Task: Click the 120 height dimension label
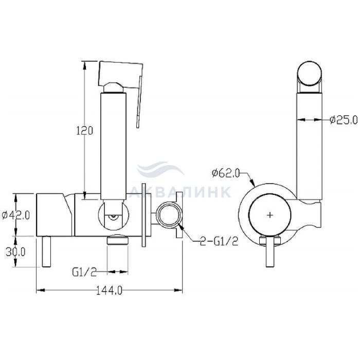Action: pyautogui.click(x=84, y=131)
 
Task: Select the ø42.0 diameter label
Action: pyautogui.click(x=16, y=215)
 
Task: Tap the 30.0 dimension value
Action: pyautogui.click(x=15, y=252)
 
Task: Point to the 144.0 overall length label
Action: pyautogui.click(x=109, y=291)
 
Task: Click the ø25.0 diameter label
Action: pyautogui.click(x=344, y=120)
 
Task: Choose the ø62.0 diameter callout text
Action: pyautogui.click(x=225, y=173)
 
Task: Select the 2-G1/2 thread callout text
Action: pyautogui.click(x=219, y=241)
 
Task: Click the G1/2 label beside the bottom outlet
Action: pyautogui.click(x=84, y=272)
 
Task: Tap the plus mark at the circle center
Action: pyautogui.click(x=270, y=215)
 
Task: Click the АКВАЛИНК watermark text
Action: pyautogui.click(x=180, y=192)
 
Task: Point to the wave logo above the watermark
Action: pyautogui.click(x=160, y=169)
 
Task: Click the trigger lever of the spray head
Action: pyautogui.click(x=139, y=101)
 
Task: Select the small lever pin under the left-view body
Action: pyautogui.click(x=46, y=251)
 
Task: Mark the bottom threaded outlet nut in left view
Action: pyautogui.click(x=118, y=240)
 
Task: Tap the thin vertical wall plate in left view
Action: pyautogui.click(x=144, y=215)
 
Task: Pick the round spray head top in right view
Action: pyautogui.click(x=309, y=74)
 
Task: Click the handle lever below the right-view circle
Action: pyautogui.click(x=270, y=252)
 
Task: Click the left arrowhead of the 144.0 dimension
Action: pyautogui.click(x=40, y=291)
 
